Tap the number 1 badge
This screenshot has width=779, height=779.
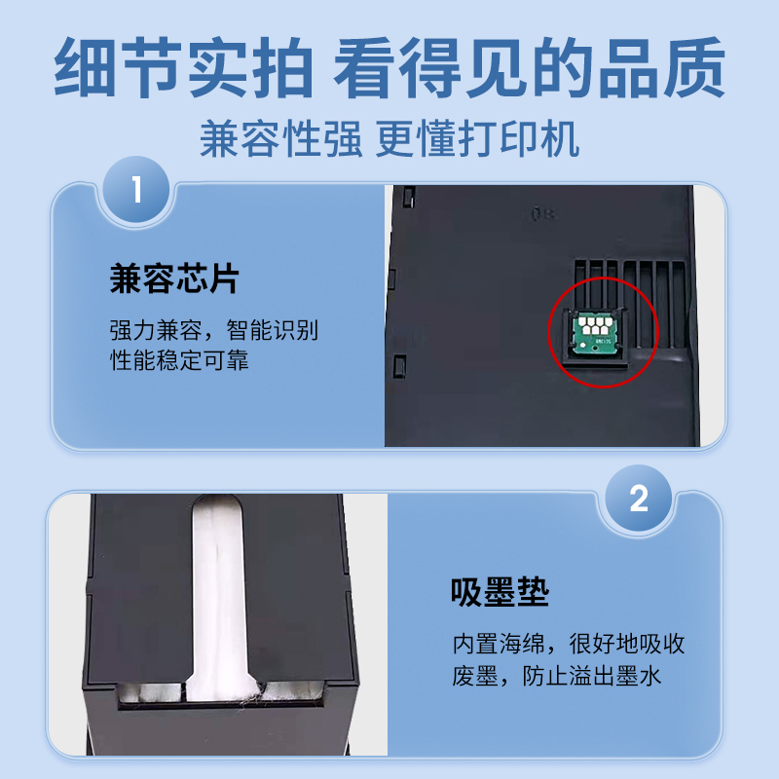(x=136, y=188)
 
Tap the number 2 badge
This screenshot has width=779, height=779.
(x=639, y=500)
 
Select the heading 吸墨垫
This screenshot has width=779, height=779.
(x=500, y=592)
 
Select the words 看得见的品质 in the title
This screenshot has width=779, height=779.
(x=530, y=66)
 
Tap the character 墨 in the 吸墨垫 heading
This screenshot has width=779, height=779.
(x=500, y=592)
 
